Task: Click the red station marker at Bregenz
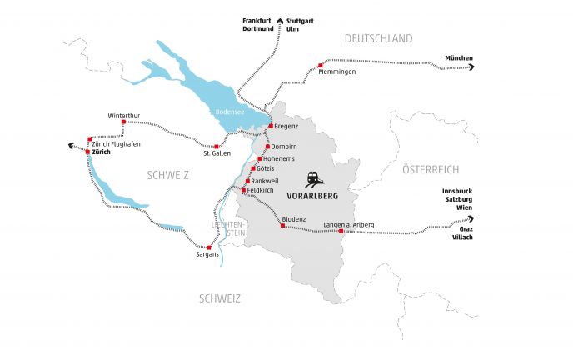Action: coord(271,126)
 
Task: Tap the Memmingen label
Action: coord(337,72)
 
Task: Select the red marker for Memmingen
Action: coord(321,64)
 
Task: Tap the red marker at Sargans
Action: coord(209,247)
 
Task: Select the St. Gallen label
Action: coord(217,153)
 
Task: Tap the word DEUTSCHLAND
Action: coord(379,38)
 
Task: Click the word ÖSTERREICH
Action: coord(431,169)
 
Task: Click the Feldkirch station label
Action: coord(261,190)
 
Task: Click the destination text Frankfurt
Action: coord(257,19)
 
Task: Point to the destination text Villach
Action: coord(461,237)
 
